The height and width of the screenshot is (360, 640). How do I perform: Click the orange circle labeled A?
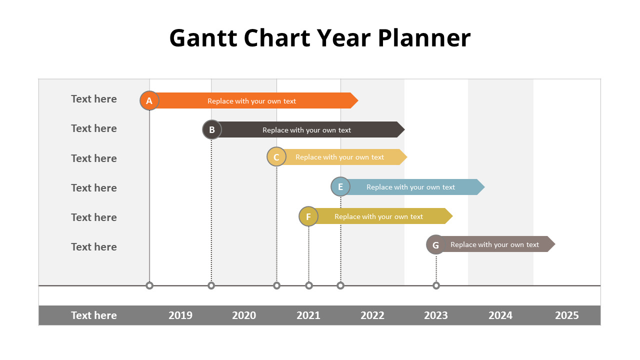(149, 100)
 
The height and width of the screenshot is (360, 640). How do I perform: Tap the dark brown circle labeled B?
(212, 130)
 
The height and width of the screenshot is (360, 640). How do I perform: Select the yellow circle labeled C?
(276, 157)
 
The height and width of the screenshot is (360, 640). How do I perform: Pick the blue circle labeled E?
(340, 186)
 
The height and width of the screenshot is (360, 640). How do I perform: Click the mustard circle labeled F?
(308, 216)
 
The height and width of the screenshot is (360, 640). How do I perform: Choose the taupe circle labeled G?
(435, 245)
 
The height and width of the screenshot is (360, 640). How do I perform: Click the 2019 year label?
(180, 315)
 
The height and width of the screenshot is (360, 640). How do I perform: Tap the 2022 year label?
(372, 315)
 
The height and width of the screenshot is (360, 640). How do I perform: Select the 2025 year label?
(566, 315)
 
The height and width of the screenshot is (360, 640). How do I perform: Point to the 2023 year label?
(436, 315)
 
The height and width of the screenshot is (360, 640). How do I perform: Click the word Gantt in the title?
(202, 38)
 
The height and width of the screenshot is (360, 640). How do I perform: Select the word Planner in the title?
(424, 38)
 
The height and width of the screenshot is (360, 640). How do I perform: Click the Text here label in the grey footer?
(94, 315)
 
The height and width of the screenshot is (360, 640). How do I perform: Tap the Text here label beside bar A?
(94, 99)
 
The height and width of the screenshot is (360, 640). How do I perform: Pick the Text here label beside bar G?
(94, 247)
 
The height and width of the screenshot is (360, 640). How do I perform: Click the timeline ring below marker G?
(436, 285)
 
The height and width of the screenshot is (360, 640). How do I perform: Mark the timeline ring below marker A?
(149, 285)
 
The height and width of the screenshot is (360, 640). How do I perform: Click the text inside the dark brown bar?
(306, 130)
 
